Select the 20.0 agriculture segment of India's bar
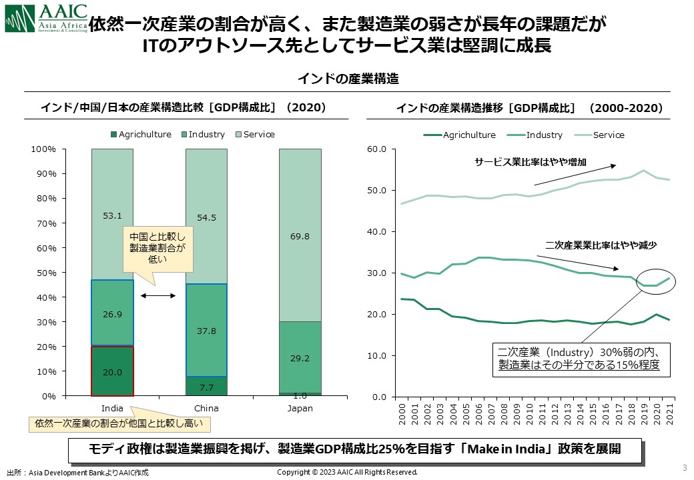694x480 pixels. point(112,371)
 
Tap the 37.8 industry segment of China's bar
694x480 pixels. point(206,331)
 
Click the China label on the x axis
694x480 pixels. point(206,409)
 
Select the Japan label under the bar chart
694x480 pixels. point(300,409)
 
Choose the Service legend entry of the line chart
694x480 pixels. point(604,135)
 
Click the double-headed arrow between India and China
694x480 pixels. point(157,295)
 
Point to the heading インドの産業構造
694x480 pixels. point(348,79)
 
